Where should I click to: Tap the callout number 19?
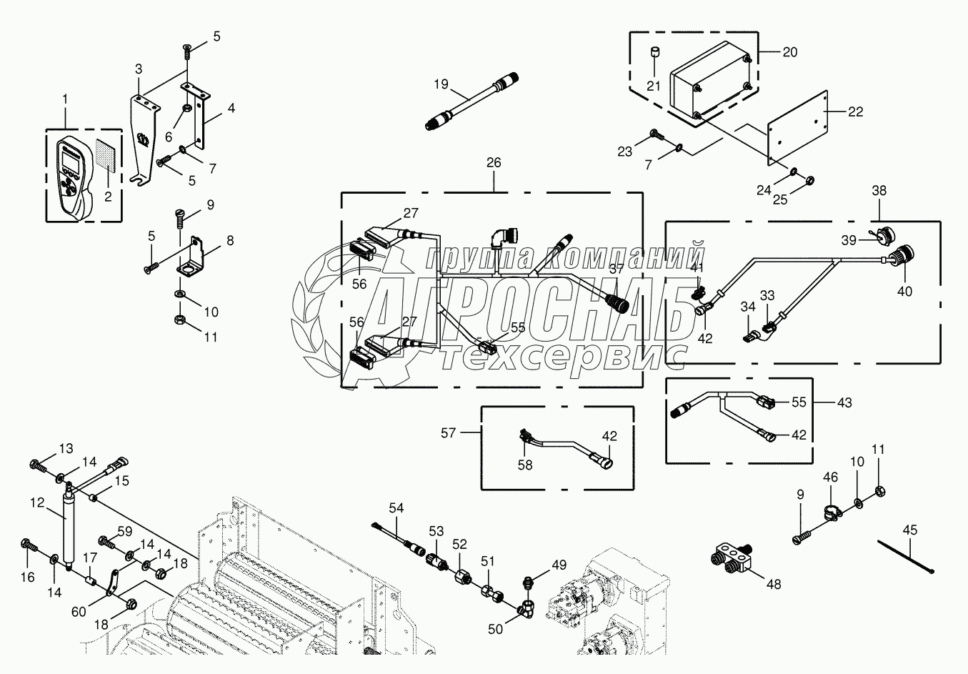(441, 84)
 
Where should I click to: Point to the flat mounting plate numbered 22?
(797, 125)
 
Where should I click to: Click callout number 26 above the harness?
(494, 163)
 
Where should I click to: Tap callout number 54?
(396, 508)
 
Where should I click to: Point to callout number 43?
(845, 402)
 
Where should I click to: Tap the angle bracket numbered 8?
(196, 259)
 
